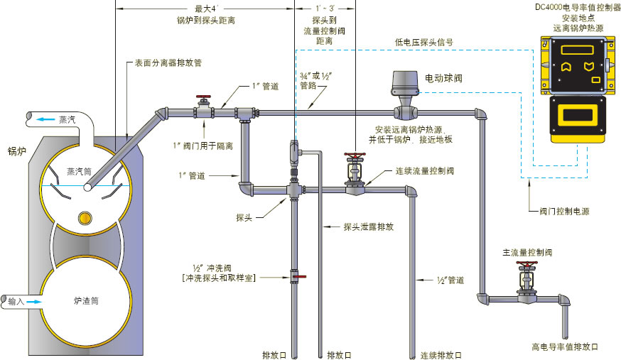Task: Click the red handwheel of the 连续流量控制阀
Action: (x=354, y=154)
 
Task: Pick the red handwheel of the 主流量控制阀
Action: (x=526, y=265)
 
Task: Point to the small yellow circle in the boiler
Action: (x=85, y=216)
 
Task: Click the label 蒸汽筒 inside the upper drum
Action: (x=80, y=171)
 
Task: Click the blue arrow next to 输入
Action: (x=33, y=302)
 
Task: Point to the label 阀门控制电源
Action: (x=564, y=211)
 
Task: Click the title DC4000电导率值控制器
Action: (x=577, y=7)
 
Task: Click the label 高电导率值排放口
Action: (x=565, y=347)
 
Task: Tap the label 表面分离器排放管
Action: (x=168, y=62)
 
